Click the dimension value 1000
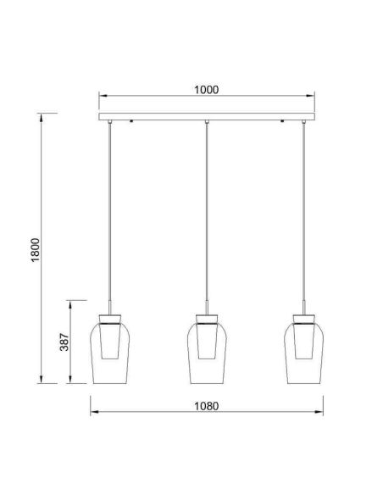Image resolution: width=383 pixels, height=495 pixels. (207, 89)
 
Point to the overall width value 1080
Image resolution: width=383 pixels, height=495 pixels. (206, 405)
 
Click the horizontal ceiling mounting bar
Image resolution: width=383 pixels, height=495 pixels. (207, 116)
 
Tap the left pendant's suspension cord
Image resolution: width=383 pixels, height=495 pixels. (110, 212)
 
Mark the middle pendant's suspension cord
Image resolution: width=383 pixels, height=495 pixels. (207, 212)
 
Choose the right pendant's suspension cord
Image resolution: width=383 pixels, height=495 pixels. (303, 212)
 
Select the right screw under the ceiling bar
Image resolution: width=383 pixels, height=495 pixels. (282, 122)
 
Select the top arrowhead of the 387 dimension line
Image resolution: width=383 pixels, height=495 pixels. (72, 303)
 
